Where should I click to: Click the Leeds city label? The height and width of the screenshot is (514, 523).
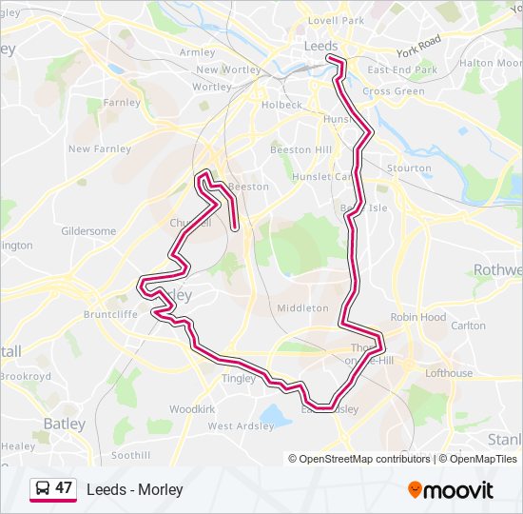coord(320,45)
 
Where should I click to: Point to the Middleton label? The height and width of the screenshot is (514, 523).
coord(302,308)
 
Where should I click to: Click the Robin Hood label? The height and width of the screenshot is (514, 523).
coord(418,317)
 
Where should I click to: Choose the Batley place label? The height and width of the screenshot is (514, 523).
coord(65,424)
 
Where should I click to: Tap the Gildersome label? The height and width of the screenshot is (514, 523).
coord(88,231)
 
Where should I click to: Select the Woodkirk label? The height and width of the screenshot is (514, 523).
coord(193,408)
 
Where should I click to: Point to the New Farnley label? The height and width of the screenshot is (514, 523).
coord(99,148)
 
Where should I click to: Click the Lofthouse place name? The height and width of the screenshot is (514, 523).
coord(449,373)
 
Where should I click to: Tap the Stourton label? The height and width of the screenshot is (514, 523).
coord(410,168)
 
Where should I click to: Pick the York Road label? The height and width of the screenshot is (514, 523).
coord(419,44)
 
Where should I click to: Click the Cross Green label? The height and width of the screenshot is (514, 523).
coord(393,91)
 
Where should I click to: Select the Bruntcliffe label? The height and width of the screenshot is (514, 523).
coord(110,313)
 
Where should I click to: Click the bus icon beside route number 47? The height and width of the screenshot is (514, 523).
coord(42,489)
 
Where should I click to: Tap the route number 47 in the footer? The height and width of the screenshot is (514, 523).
coord(64,488)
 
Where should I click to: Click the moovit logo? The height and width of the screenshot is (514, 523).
coord(451,490)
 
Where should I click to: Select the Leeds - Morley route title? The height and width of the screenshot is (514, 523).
coord(134,489)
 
